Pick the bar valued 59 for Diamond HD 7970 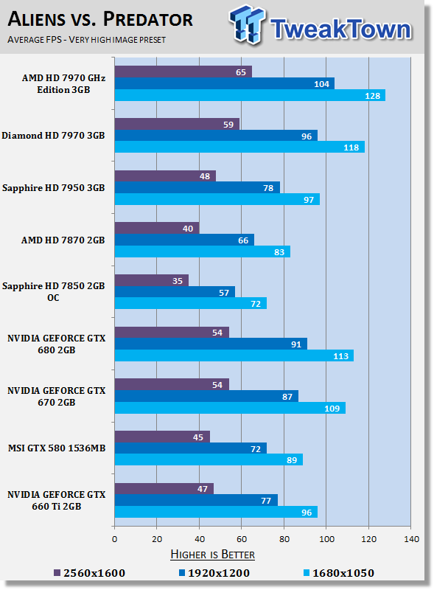tap(177, 124)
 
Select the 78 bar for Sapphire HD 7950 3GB tap(197, 187)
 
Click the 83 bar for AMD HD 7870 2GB tap(202, 251)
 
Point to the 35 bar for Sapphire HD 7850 tap(151, 280)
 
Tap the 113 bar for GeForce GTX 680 tap(234, 355)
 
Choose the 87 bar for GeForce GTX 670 tap(206, 396)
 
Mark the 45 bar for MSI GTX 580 tap(161, 437)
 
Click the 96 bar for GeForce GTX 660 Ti tap(215, 511)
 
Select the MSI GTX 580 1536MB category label tap(56, 448)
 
